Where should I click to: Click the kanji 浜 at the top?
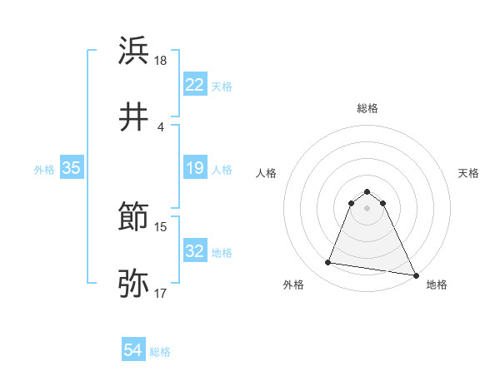tap(134, 52)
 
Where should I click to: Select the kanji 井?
tap(134, 116)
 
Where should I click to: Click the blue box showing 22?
tap(195, 85)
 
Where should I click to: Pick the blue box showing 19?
tap(195, 169)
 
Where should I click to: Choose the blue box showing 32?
tap(195, 251)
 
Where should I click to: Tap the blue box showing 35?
tap(71, 169)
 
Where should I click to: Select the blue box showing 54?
tap(133, 351)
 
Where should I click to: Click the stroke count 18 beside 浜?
tap(161, 61)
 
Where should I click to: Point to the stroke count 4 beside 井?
tap(160, 126)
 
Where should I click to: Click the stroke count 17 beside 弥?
tap(161, 293)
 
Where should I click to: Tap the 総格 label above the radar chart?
tap(367, 108)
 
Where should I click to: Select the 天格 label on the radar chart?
tap(469, 173)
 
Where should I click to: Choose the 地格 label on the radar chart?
tap(437, 285)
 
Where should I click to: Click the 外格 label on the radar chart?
tap(293, 285)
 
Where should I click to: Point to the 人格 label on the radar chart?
tap(267, 173)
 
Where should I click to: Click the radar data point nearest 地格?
tap(416, 275)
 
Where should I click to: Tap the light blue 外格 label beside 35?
tap(44, 170)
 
